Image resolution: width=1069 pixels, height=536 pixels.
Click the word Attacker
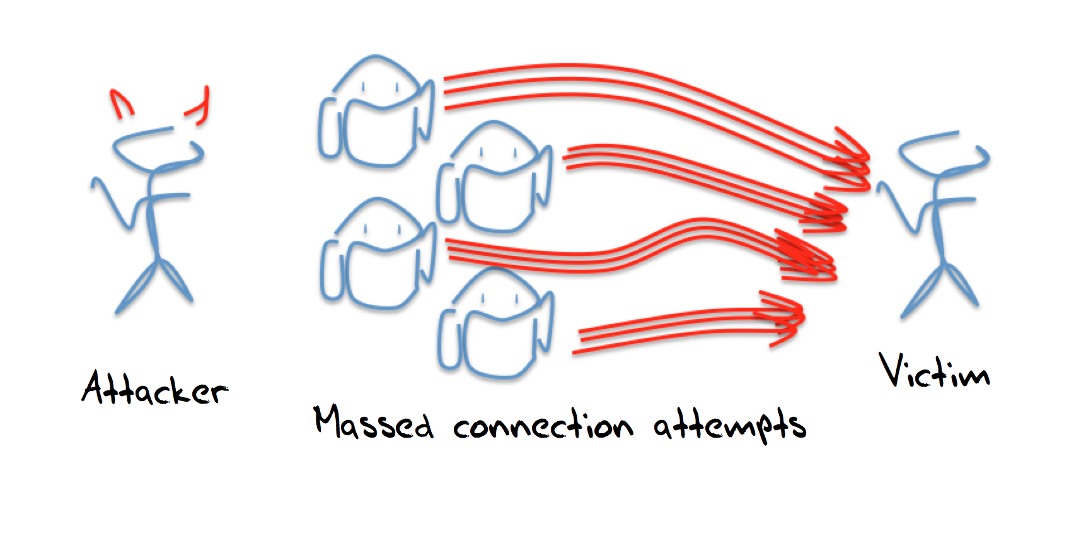tap(154, 387)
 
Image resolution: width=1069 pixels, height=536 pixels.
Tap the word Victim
tap(935, 371)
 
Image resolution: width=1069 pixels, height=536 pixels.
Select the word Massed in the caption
tap(374, 423)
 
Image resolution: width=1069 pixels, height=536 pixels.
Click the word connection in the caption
tap(543, 425)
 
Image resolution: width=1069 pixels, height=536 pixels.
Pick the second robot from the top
tap(495, 177)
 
